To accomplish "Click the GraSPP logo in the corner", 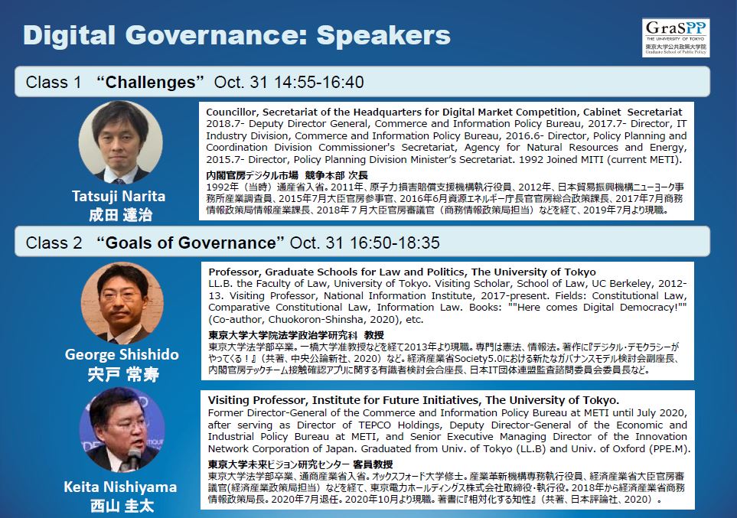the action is (x=676, y=37).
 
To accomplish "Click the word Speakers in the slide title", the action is (x=383, y=35).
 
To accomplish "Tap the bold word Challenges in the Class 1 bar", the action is (x=151, y=83).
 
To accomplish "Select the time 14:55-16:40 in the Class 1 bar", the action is (x=318, y=83).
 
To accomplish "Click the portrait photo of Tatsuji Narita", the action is (x=121, y=142).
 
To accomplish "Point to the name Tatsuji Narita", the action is (x=119, y=196).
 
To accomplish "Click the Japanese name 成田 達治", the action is (x=121, y=215).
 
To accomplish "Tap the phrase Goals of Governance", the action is (x=191, y=243).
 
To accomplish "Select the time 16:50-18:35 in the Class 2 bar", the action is (x=395, y=243).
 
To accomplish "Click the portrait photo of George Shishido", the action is (x=122, y=304).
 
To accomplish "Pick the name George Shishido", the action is (x=122, y=354).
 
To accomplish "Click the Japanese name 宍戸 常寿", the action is (x=123, y=375).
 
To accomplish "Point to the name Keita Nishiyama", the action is (x=120, y=487).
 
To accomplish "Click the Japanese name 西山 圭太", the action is (x=122, y=506).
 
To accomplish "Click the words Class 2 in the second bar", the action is (x=54, y=243).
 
